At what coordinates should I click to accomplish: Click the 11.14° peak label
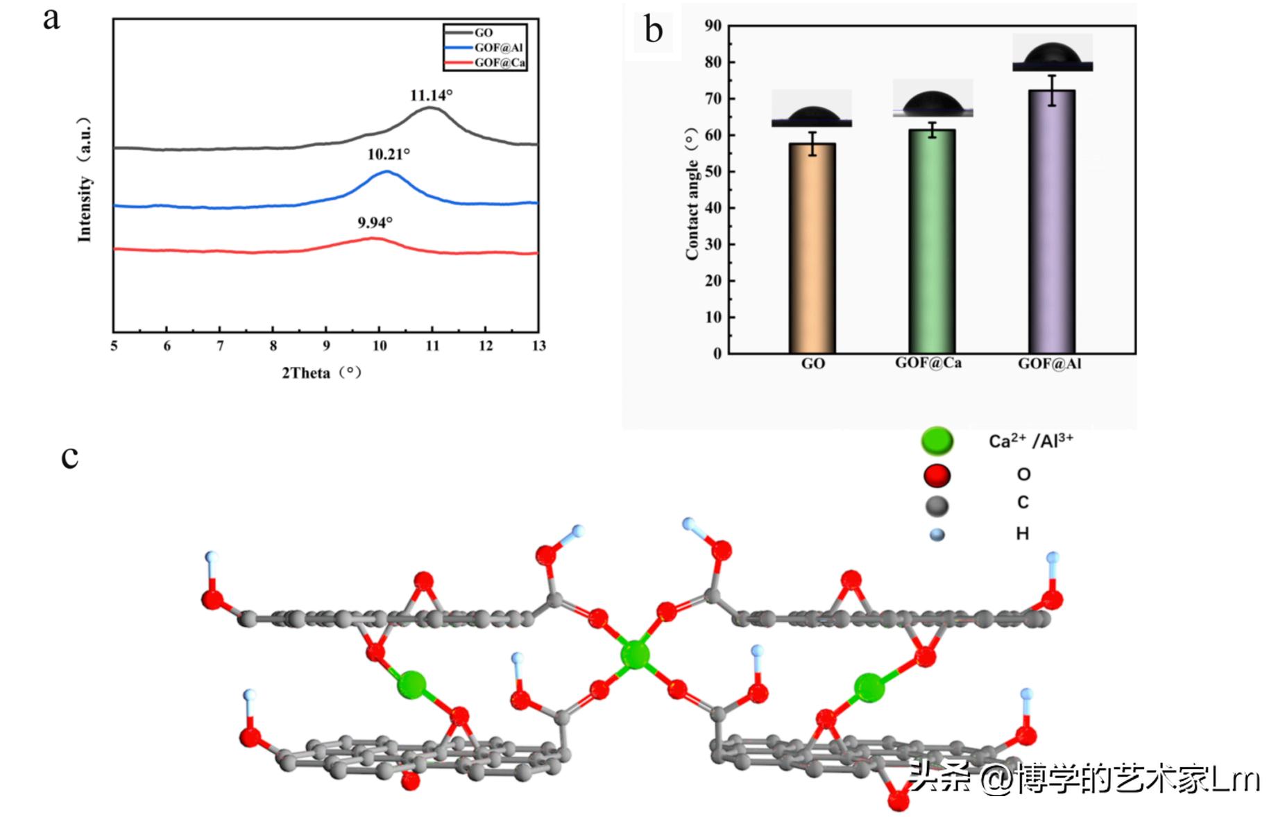pyautogui.click(x=431, y=96)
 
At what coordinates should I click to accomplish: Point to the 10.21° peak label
pyautogui.click(x=389, y=154)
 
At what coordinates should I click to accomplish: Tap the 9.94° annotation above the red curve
pyautogui.click(x=375, y=223)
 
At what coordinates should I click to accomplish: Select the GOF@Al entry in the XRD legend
pyautogui.click(x=497, y=48)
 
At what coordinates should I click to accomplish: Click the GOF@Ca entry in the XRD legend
pyautogui.click(x=499, y=63)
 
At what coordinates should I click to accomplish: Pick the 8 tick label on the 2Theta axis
pyautogui.click(x=273, y=346)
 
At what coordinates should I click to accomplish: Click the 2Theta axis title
pyautogui.click(x=321, y=373)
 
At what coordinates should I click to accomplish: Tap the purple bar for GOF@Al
pyautogui.click(x=1052, y=222)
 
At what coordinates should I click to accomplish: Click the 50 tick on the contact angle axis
pyautogui.click(x=713, y=171)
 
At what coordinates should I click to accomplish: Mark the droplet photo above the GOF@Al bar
pyautogui.click(x=1052, y=53)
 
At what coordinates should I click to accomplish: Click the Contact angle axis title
pyautogui.click(x=692, y=194)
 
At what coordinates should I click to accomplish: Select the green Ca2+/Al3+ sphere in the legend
pyautogui.click(x=937, y=440)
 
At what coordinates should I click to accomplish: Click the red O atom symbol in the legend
pyautogui.click(x=937, y=476)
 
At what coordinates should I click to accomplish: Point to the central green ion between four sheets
pyautogui.click(x=634, y=654)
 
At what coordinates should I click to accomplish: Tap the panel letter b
pyautogui.click(x=654, y=31)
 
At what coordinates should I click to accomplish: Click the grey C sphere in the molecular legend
pyautogui.click(x=937, y=506)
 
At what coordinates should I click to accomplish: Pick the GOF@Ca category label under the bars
pyautogui.click(x=928, y=363)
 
